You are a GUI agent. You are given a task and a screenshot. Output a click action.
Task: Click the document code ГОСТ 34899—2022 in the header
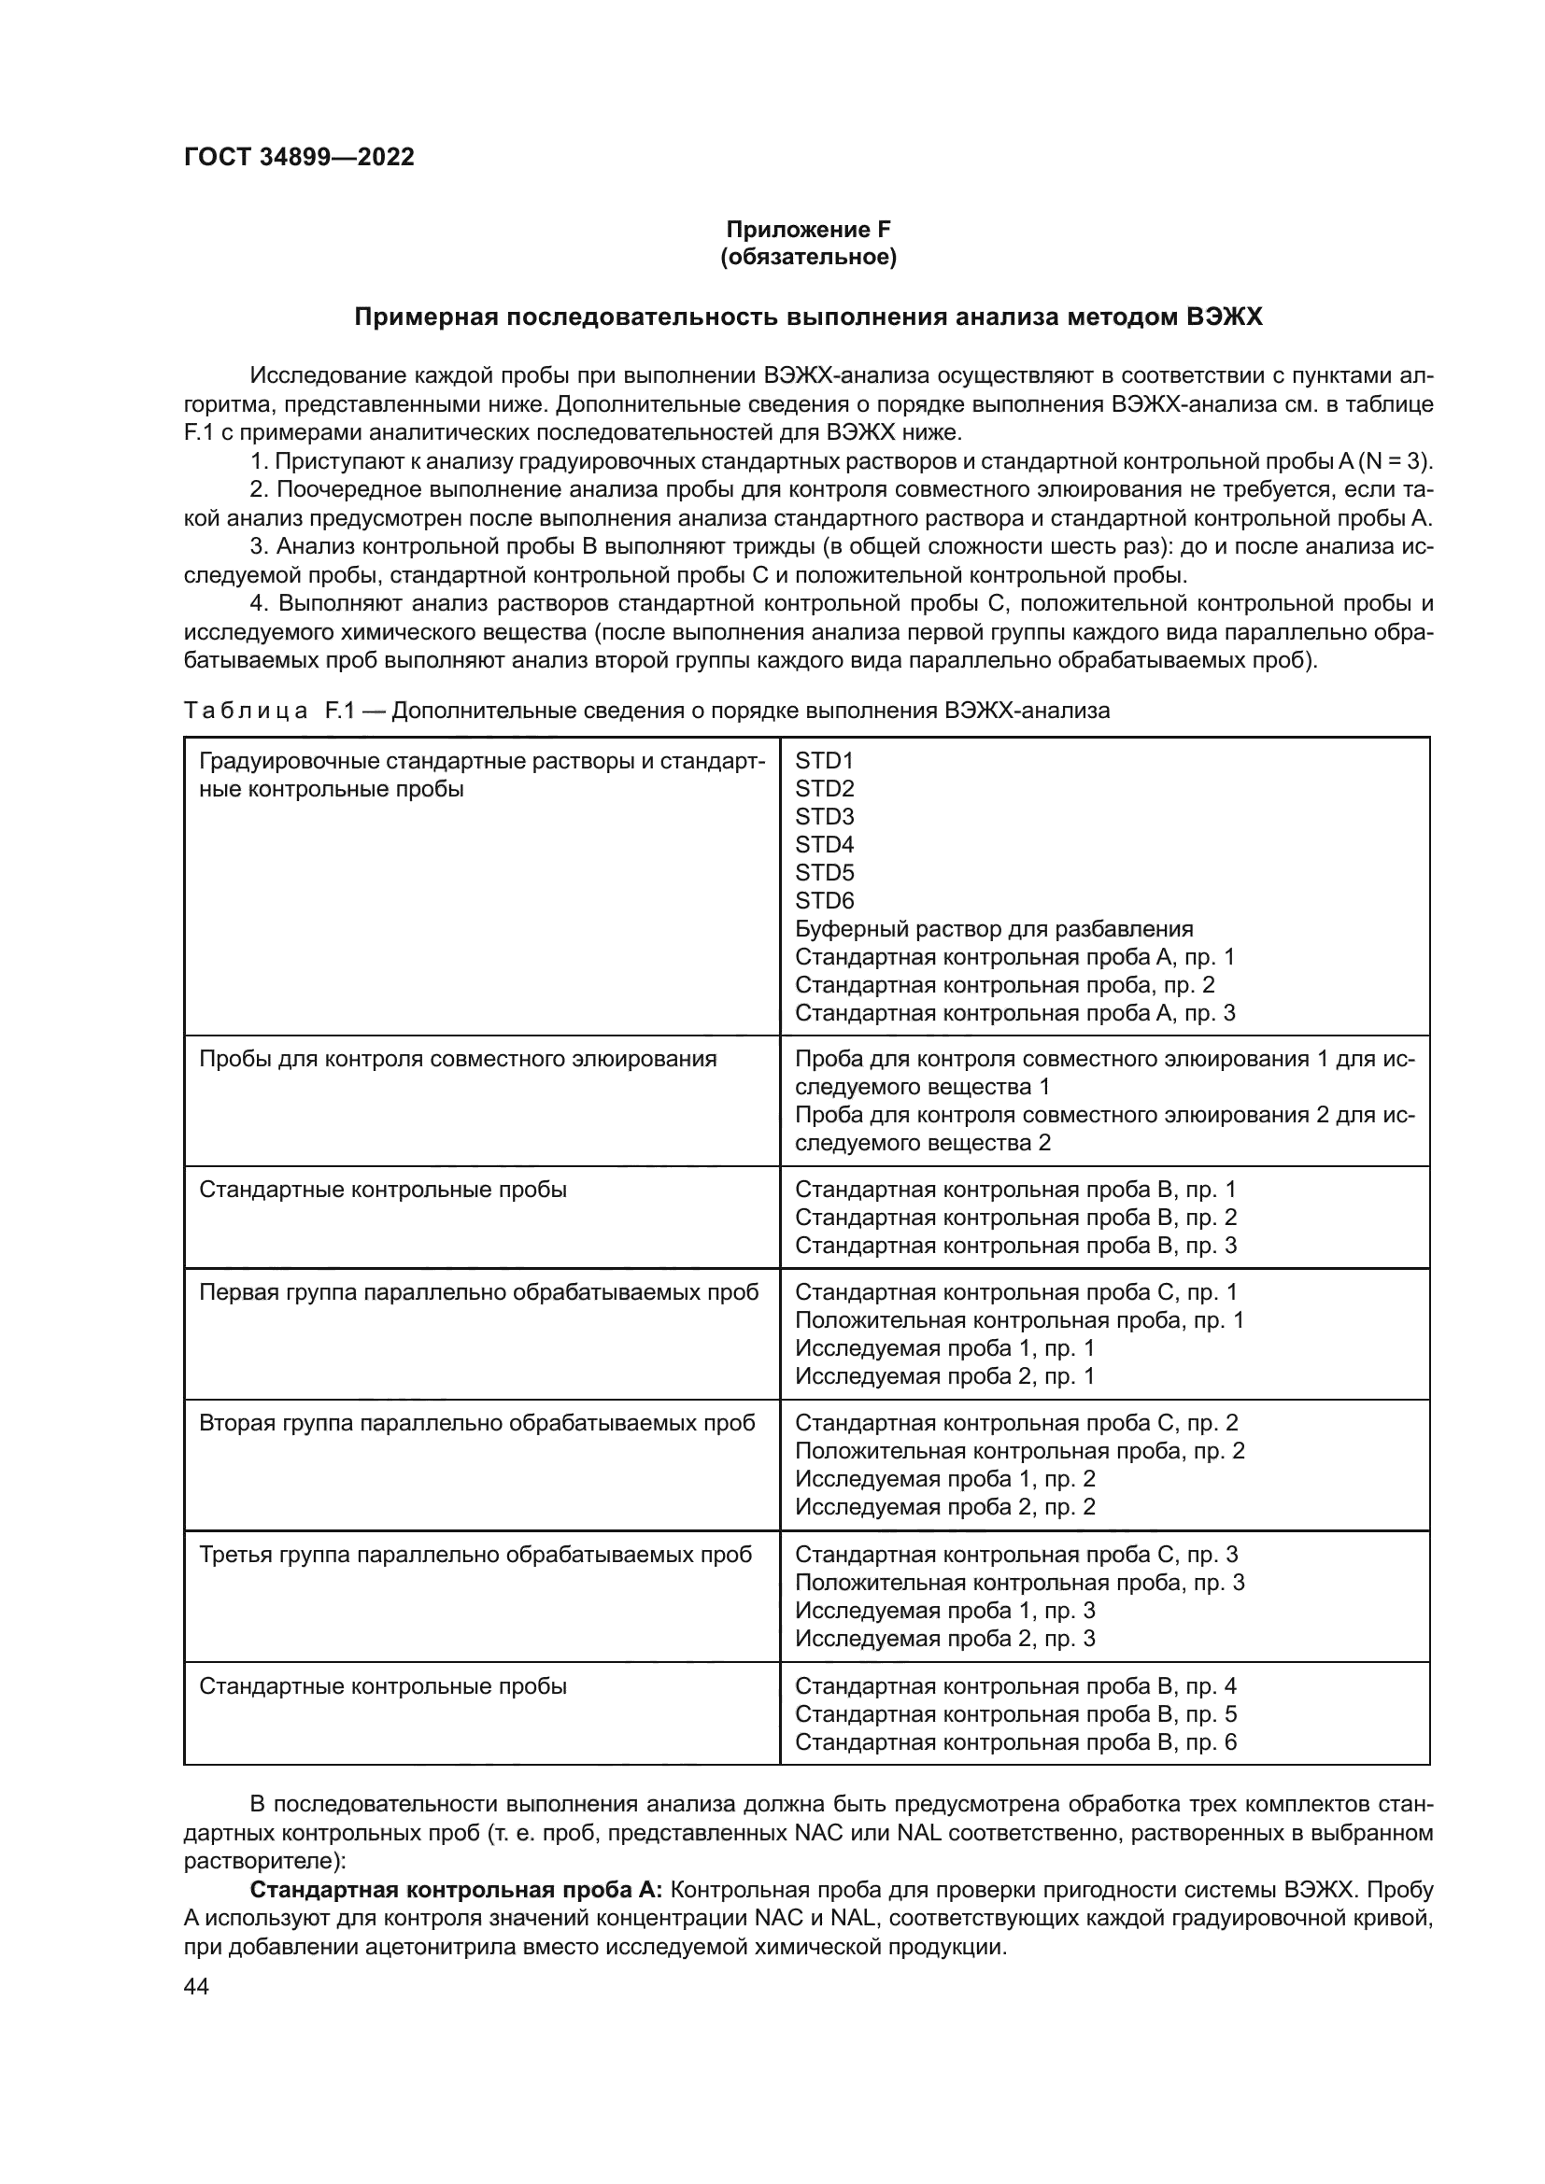tap(299, 158)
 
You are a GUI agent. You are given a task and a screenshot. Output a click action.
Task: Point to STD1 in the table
tap(824, 761)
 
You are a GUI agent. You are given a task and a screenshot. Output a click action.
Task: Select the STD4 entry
tap(824, 845)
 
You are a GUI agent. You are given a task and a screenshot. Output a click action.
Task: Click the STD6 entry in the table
tap(824, 901)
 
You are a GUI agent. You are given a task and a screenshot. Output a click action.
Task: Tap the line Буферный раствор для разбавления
tap(993, 929)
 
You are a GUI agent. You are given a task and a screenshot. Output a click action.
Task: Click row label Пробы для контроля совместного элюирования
tap(458, 1060)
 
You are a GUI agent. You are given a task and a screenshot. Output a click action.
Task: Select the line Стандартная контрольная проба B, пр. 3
tap(1015, 1247)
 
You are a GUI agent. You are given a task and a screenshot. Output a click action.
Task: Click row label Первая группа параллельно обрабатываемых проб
tap(478, 1292)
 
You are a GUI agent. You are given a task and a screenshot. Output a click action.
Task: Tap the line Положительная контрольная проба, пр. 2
tap(1019, 1452)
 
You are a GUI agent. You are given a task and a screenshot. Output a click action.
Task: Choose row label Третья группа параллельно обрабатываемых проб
tap(475, 1556)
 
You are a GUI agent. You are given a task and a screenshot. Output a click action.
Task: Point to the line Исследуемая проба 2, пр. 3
tap(944, 1639)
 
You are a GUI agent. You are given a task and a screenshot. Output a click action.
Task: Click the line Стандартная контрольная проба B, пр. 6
tap(1015, 1742)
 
